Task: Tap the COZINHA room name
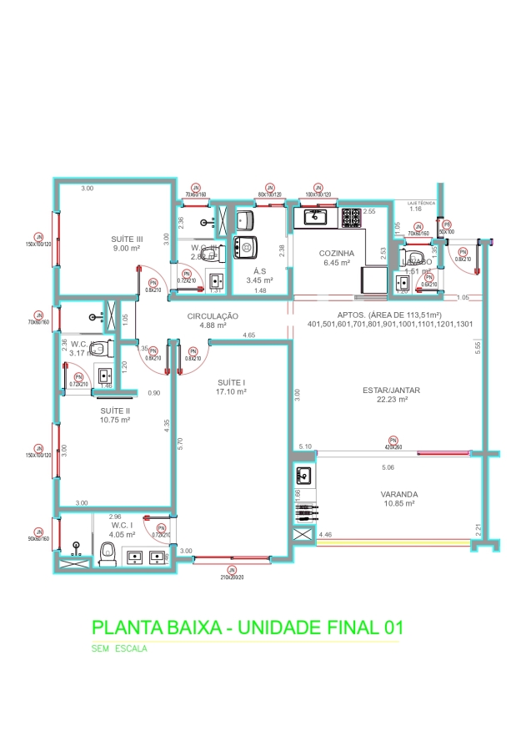[x=338, y=253]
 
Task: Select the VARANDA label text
[x=399, y=494]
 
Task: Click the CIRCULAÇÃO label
[x=213, y=316]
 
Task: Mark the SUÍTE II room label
[x=114, y=410]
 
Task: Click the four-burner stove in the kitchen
[x=351, y=219]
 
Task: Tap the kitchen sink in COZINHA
[x=316, y=217]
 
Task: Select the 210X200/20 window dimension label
[x=233, y=577]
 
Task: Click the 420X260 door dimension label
[x=393, y=446]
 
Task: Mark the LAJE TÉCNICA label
[x=420, y=202]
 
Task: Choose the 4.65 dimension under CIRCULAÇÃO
[x=248, y=335]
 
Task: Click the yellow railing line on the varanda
[x=392, y=541]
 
